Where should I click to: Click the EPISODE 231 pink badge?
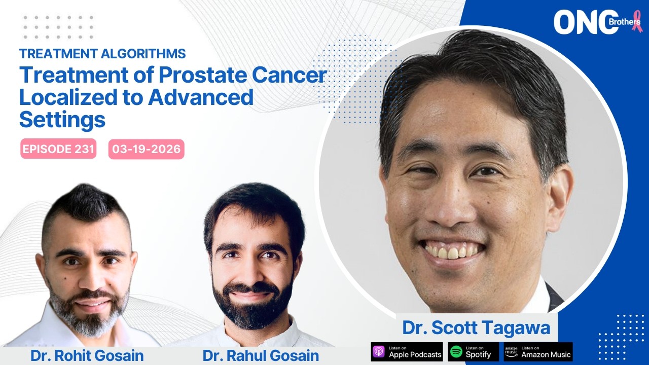pyautogui.click(x=58, y=149)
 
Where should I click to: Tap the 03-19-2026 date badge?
pyautogui.click(x=147, y=149)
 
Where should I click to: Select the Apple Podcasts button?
pyautogui.click(x=407, y=352)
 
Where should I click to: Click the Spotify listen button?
pyautogui.click(x=473, y=352)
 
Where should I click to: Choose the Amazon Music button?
pyautogui.click(x=538, y=352)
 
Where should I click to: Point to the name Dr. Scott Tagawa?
pyautogui.click(x=476, y=327)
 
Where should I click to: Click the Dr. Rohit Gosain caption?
pyautogui.click(x=87, y=355)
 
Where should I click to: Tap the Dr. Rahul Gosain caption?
pyautogui.click(x=261, y=355)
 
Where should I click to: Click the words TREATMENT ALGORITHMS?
pyautogui.click(x=102, y=54)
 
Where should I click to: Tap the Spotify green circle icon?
pyautogui.click(x=456, y=352)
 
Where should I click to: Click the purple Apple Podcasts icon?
pyautogui.click(x=379, y=352)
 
